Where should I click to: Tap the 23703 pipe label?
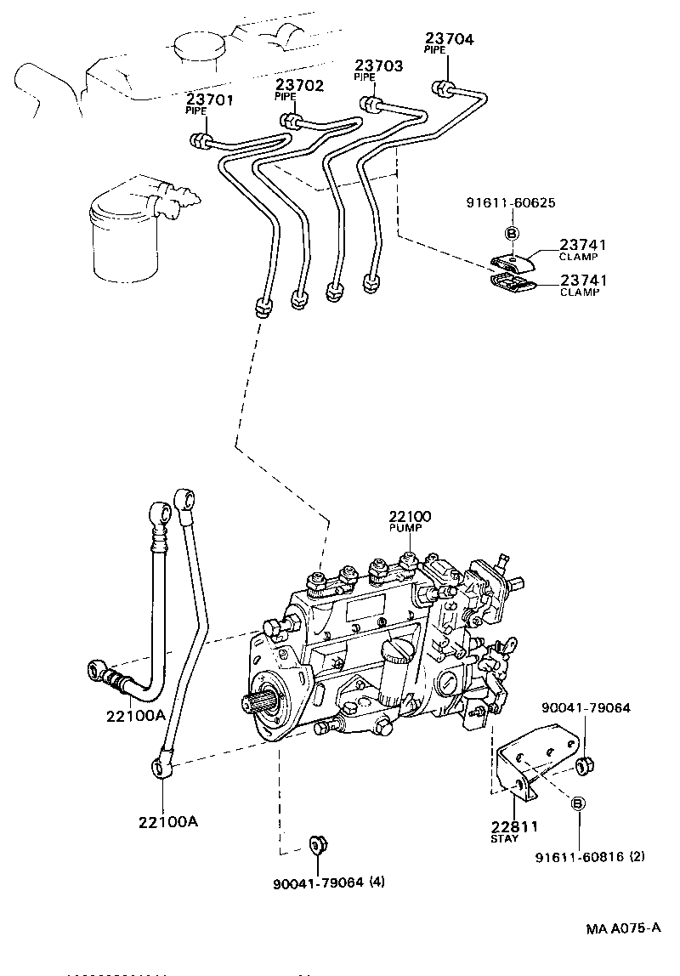[378, 65]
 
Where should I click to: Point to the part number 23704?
[449, 39]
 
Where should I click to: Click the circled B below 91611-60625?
[513, 233]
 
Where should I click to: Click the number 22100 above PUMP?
[411, 516]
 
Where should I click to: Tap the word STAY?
[504, 839]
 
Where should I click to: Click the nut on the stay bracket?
[584, 765]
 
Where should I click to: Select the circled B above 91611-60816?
[577, 803]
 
